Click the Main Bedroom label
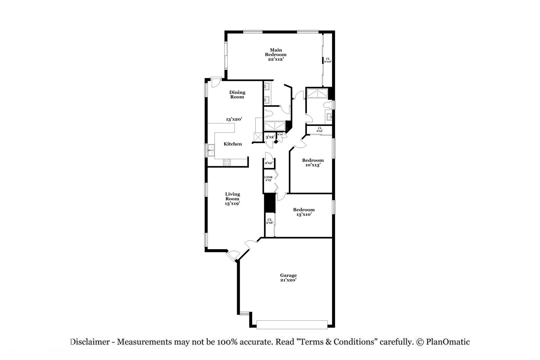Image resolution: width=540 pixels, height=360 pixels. pos(276,52)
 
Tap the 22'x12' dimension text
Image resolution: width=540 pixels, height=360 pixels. pos(276,59)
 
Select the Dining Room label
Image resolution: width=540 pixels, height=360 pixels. pos(237,94)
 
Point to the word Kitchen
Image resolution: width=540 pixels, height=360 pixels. pos(233,144)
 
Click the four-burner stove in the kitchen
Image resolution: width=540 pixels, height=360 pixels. pos(227,162)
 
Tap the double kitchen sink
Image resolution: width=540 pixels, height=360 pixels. pos(211,150)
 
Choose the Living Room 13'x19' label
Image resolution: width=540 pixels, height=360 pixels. pos(232,199)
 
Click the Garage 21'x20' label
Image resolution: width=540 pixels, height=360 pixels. pos(288,278)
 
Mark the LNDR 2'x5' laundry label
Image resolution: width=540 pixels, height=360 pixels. pos(268,179)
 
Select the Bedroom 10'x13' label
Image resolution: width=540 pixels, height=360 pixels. pos(313,163)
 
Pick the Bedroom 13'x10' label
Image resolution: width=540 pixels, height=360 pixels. pos(304,212)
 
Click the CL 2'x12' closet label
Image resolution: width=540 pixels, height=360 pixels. pos(328,60)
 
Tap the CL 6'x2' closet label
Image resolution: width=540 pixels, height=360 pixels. pos(319,129)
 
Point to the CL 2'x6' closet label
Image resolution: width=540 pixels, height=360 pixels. pos(269,221)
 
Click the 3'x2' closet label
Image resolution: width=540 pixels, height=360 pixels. pos(270,137)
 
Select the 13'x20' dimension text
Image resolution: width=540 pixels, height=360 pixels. pos(234,119)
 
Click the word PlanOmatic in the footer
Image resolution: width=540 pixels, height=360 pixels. pos(448,342)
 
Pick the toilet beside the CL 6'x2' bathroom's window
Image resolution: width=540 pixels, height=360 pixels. pos(327,105)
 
